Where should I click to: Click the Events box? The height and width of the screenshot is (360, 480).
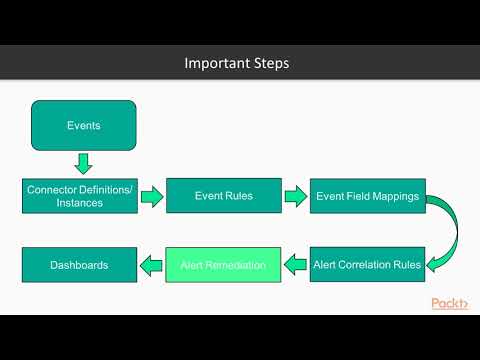point(83,126)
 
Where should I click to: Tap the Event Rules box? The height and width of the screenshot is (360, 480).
point(223,195)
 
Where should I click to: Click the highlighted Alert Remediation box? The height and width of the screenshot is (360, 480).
point(223,265)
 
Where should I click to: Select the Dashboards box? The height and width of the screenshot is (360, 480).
point(79,265)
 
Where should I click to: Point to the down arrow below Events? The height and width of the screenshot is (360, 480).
point(83,163)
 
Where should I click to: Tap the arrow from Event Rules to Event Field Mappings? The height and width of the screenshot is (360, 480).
point(296,196)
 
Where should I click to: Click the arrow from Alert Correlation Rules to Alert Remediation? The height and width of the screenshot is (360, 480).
point(296,266)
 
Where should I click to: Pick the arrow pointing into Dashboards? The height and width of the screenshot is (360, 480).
point(150,266)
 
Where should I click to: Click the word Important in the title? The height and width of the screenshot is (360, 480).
point(212,63)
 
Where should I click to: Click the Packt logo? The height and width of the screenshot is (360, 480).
point(450,304)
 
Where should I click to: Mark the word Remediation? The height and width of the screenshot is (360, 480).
point(238,265)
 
